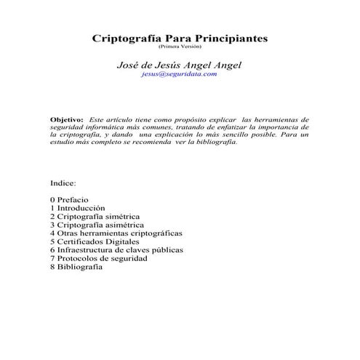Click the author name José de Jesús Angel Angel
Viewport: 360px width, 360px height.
click(x=180, y=65)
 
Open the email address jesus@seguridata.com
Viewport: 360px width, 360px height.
click(x=180, y=75)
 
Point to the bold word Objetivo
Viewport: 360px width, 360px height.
click(x=66, y=119)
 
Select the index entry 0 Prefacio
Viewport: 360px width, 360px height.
click(x=69, y=199)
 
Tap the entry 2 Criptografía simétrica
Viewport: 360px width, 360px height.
click(x=95, y=217)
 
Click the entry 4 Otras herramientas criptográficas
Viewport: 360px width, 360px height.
click(x=116, y=233)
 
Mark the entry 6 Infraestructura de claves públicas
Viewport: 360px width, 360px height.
click(x=116, y=250)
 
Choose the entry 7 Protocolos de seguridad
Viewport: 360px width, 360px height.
click(x=98, y=258)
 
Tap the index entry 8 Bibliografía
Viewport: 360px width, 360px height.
click(x=76, y=267)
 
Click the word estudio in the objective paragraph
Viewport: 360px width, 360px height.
click(x=63, y=142)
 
